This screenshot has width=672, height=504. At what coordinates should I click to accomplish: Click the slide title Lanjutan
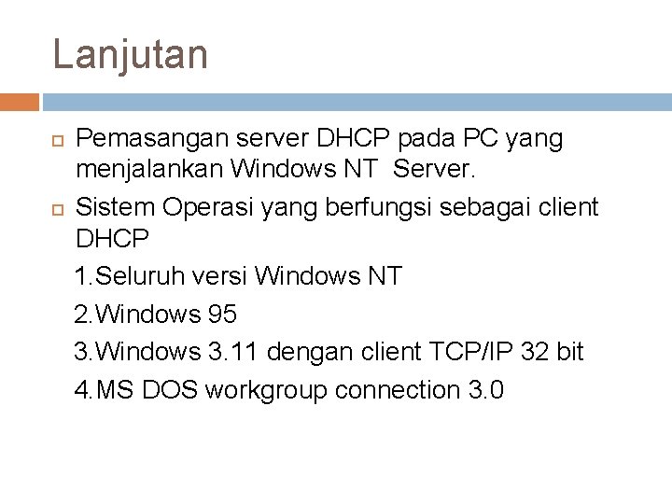coord(130,54)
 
